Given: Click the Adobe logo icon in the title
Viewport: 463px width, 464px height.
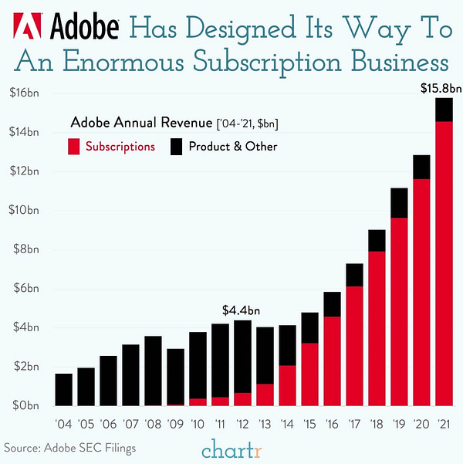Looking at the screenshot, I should (x=26, y=28).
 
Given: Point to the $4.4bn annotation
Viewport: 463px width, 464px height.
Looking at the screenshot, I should (x=241, y=310).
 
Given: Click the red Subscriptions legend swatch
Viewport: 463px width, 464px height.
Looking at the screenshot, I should (x=74, y=146).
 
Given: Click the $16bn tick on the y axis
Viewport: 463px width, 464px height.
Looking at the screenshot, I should (x=25, y=93).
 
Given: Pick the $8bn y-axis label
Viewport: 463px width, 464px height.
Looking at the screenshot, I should (x=28, y=249).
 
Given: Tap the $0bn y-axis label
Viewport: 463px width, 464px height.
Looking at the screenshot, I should (x=28, y=406).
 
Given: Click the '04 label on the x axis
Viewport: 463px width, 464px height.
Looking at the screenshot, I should (x=64, y=423).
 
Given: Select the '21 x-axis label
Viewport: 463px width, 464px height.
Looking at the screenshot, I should (x=444, y=423).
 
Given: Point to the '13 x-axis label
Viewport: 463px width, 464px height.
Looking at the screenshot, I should (x=265, y=423).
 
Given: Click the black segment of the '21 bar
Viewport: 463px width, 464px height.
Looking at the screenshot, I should (x=444, y=110).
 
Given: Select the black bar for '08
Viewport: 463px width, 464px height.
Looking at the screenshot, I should (x=154, y=371).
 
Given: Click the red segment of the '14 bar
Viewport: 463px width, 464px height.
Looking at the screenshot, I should (x=287, y=386).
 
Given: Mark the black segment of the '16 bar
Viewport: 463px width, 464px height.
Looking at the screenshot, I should (x=332, y=304).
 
